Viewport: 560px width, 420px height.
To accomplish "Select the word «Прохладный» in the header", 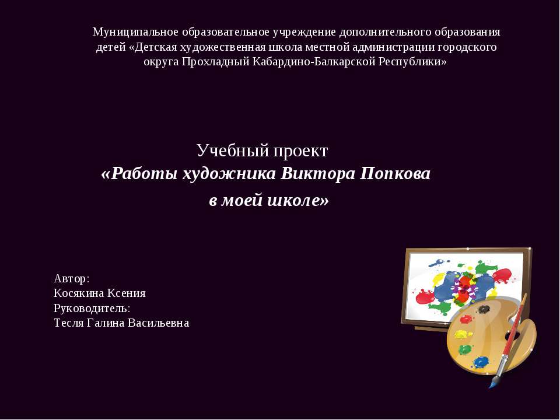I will tap(215, 61).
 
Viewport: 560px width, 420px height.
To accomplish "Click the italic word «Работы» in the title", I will tap(139, 174).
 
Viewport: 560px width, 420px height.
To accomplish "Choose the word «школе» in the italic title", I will tap(297, 200).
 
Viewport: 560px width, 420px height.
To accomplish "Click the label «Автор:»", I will tap(71, 278).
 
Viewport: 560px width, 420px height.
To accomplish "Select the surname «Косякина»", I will tap(79, 293).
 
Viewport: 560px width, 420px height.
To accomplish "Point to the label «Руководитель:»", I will tap(92, 308).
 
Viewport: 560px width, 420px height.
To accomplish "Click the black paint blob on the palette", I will tap(484, 309).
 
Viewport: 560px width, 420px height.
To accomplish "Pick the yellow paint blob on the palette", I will tap(460, 335).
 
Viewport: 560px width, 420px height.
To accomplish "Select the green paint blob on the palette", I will tap(464, 349).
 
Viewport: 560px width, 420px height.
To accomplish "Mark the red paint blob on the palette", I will tap(466, 319).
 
